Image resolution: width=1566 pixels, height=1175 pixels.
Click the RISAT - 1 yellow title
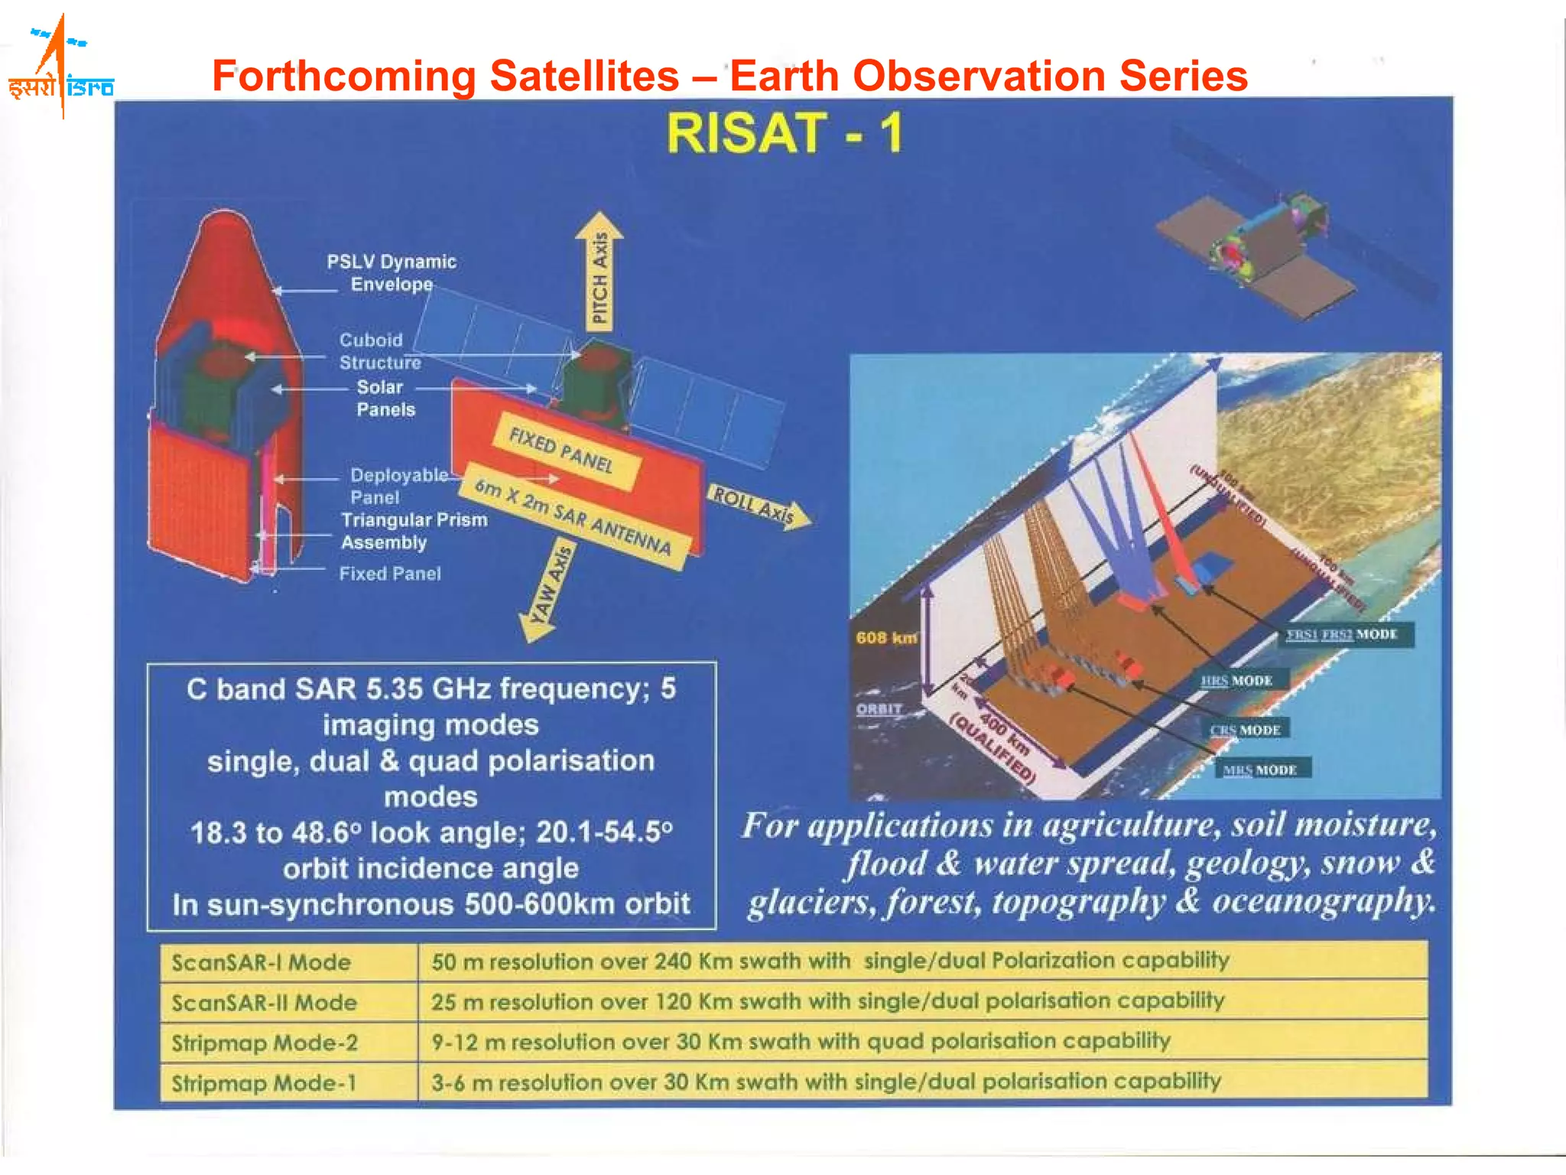(785, 134)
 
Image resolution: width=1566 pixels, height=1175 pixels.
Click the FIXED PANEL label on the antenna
(562, 451)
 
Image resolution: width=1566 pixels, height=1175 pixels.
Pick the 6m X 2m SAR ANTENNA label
(573, 516)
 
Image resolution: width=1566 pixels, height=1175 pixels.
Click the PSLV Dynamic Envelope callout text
(391, 273)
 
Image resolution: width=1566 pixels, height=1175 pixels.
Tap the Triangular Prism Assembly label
(414, 531)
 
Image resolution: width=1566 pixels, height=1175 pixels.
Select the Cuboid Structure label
(379, 351)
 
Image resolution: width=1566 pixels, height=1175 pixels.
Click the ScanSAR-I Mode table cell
(262, 962)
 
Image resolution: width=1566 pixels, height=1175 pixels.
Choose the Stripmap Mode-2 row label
(265, 1043)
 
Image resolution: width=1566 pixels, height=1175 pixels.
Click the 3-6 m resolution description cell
(826, 1082)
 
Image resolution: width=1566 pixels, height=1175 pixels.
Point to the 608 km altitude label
(885, 637)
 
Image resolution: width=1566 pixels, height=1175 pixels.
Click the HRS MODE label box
(1236, 681)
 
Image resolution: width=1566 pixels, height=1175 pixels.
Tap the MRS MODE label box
(1259, 770)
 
